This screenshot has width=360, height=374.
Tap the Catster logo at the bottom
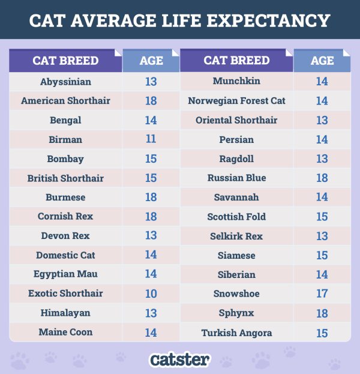click(x=180, y=360)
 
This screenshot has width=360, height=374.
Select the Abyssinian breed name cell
click(x=65, y=82)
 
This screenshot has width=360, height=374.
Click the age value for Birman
click(x=151, y=139)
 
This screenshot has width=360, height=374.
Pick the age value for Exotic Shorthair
click(x=151, y=294)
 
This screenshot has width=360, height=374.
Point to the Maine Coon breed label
click(x=65, y=332)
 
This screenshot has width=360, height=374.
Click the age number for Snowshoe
click(x=322, y=294)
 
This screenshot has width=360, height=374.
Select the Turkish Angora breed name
click(x=236, y=333)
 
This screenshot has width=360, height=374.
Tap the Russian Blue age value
click(x=322, y=178)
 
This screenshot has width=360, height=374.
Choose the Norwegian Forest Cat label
click(x=236, y=101)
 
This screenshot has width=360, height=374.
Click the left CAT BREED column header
click(x=65, y=61)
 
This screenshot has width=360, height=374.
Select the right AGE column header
click(x=322, y=61)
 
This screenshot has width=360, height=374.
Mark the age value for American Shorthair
click(x=151, y=101)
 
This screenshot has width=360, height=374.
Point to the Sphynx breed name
click(x=236, y=313)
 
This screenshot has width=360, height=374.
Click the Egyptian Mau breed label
click(x=65, y=274)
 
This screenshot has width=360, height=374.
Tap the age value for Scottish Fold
click(x=322, y=217)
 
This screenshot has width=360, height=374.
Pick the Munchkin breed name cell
click(x=236, y=81)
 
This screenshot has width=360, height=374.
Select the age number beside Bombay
click(x=151, y=159)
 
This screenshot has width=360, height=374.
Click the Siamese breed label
click(x=236, y=256)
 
